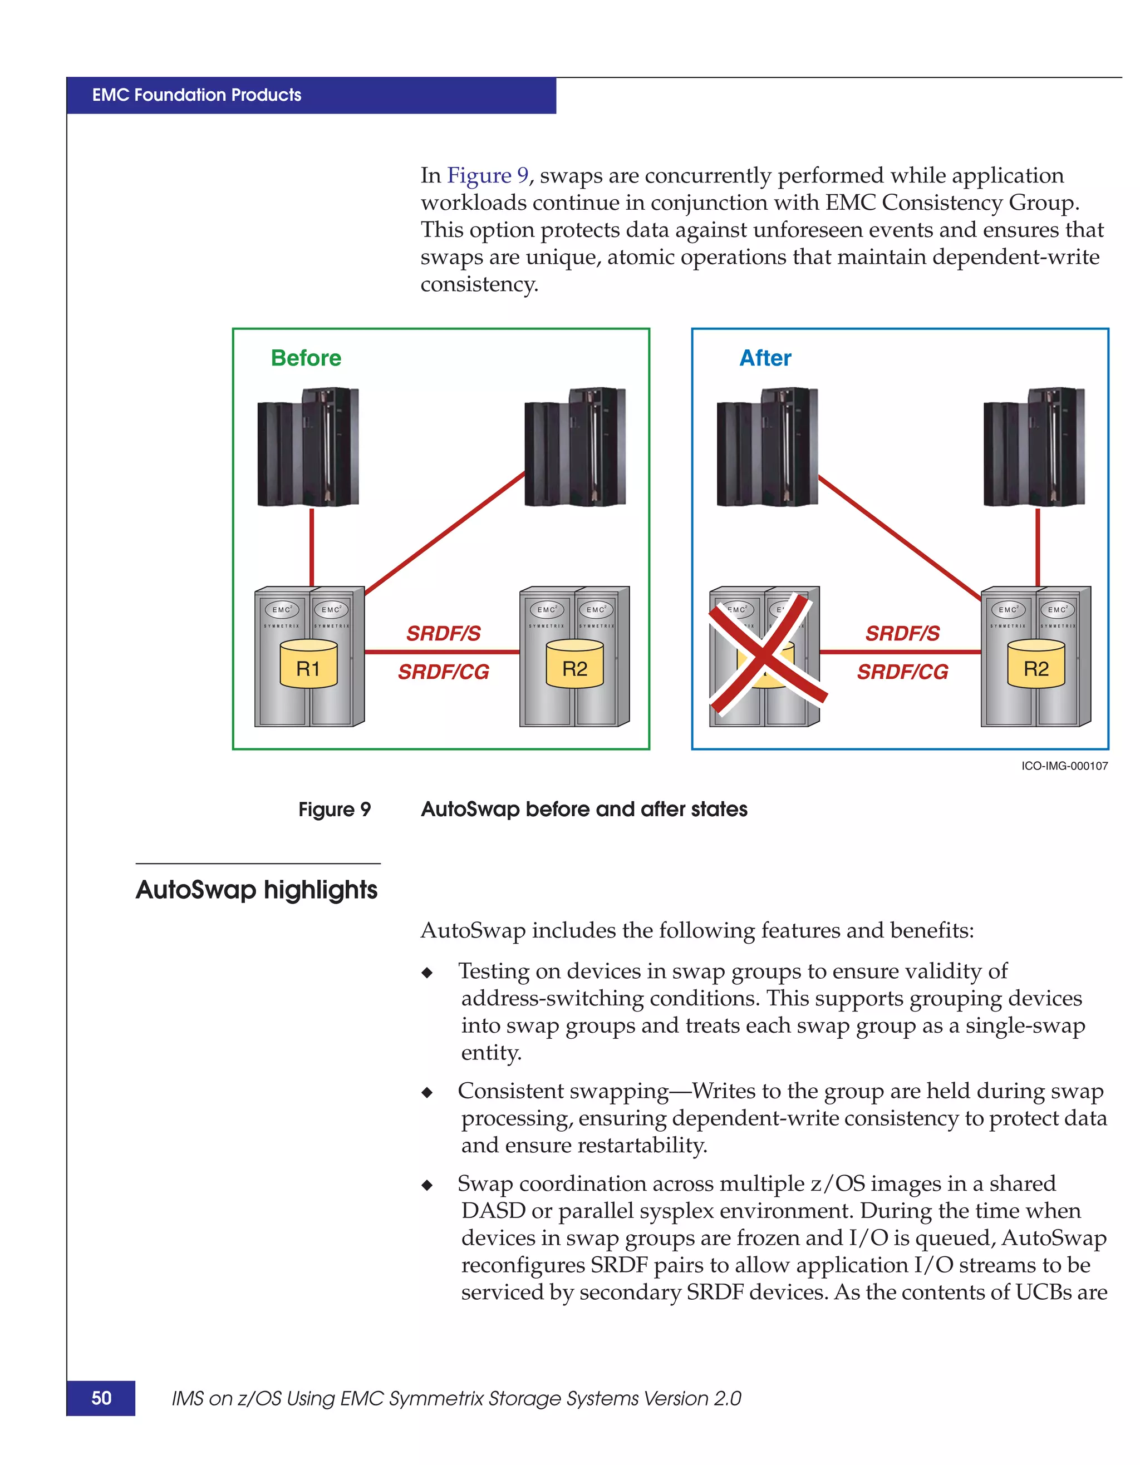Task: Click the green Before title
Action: [306, 358]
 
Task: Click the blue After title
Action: [765, 358]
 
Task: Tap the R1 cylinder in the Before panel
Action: [308, 664]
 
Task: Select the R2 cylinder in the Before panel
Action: [574, 664]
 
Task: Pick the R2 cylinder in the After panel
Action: [1035, 664]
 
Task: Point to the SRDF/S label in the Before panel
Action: [444, 633]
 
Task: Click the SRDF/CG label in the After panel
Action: [902, 672]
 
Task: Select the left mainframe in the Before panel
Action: [308, 447]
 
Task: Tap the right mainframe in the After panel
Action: [1034, 447]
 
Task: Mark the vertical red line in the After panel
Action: [1038, 547]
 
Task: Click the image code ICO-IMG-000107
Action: [1064, 766]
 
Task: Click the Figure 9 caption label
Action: [334, 810]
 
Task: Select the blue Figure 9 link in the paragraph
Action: [488, 176]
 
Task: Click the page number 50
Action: [101, 1398]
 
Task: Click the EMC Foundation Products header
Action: [196, 95]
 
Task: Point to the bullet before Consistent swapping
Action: [427, 1093]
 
